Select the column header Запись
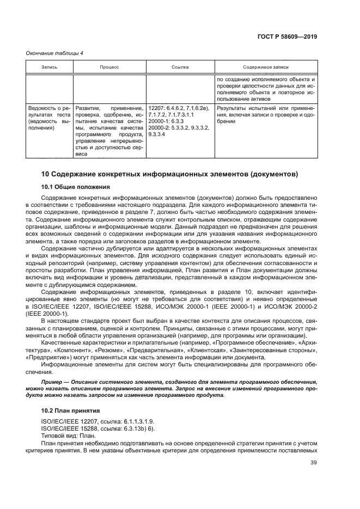(x=50, y=67)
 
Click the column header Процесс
(x=109, y=67)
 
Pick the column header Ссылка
(x=180, y=67)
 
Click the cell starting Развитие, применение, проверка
(x=109, y=131)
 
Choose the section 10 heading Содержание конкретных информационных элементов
(x=169, y=175)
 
